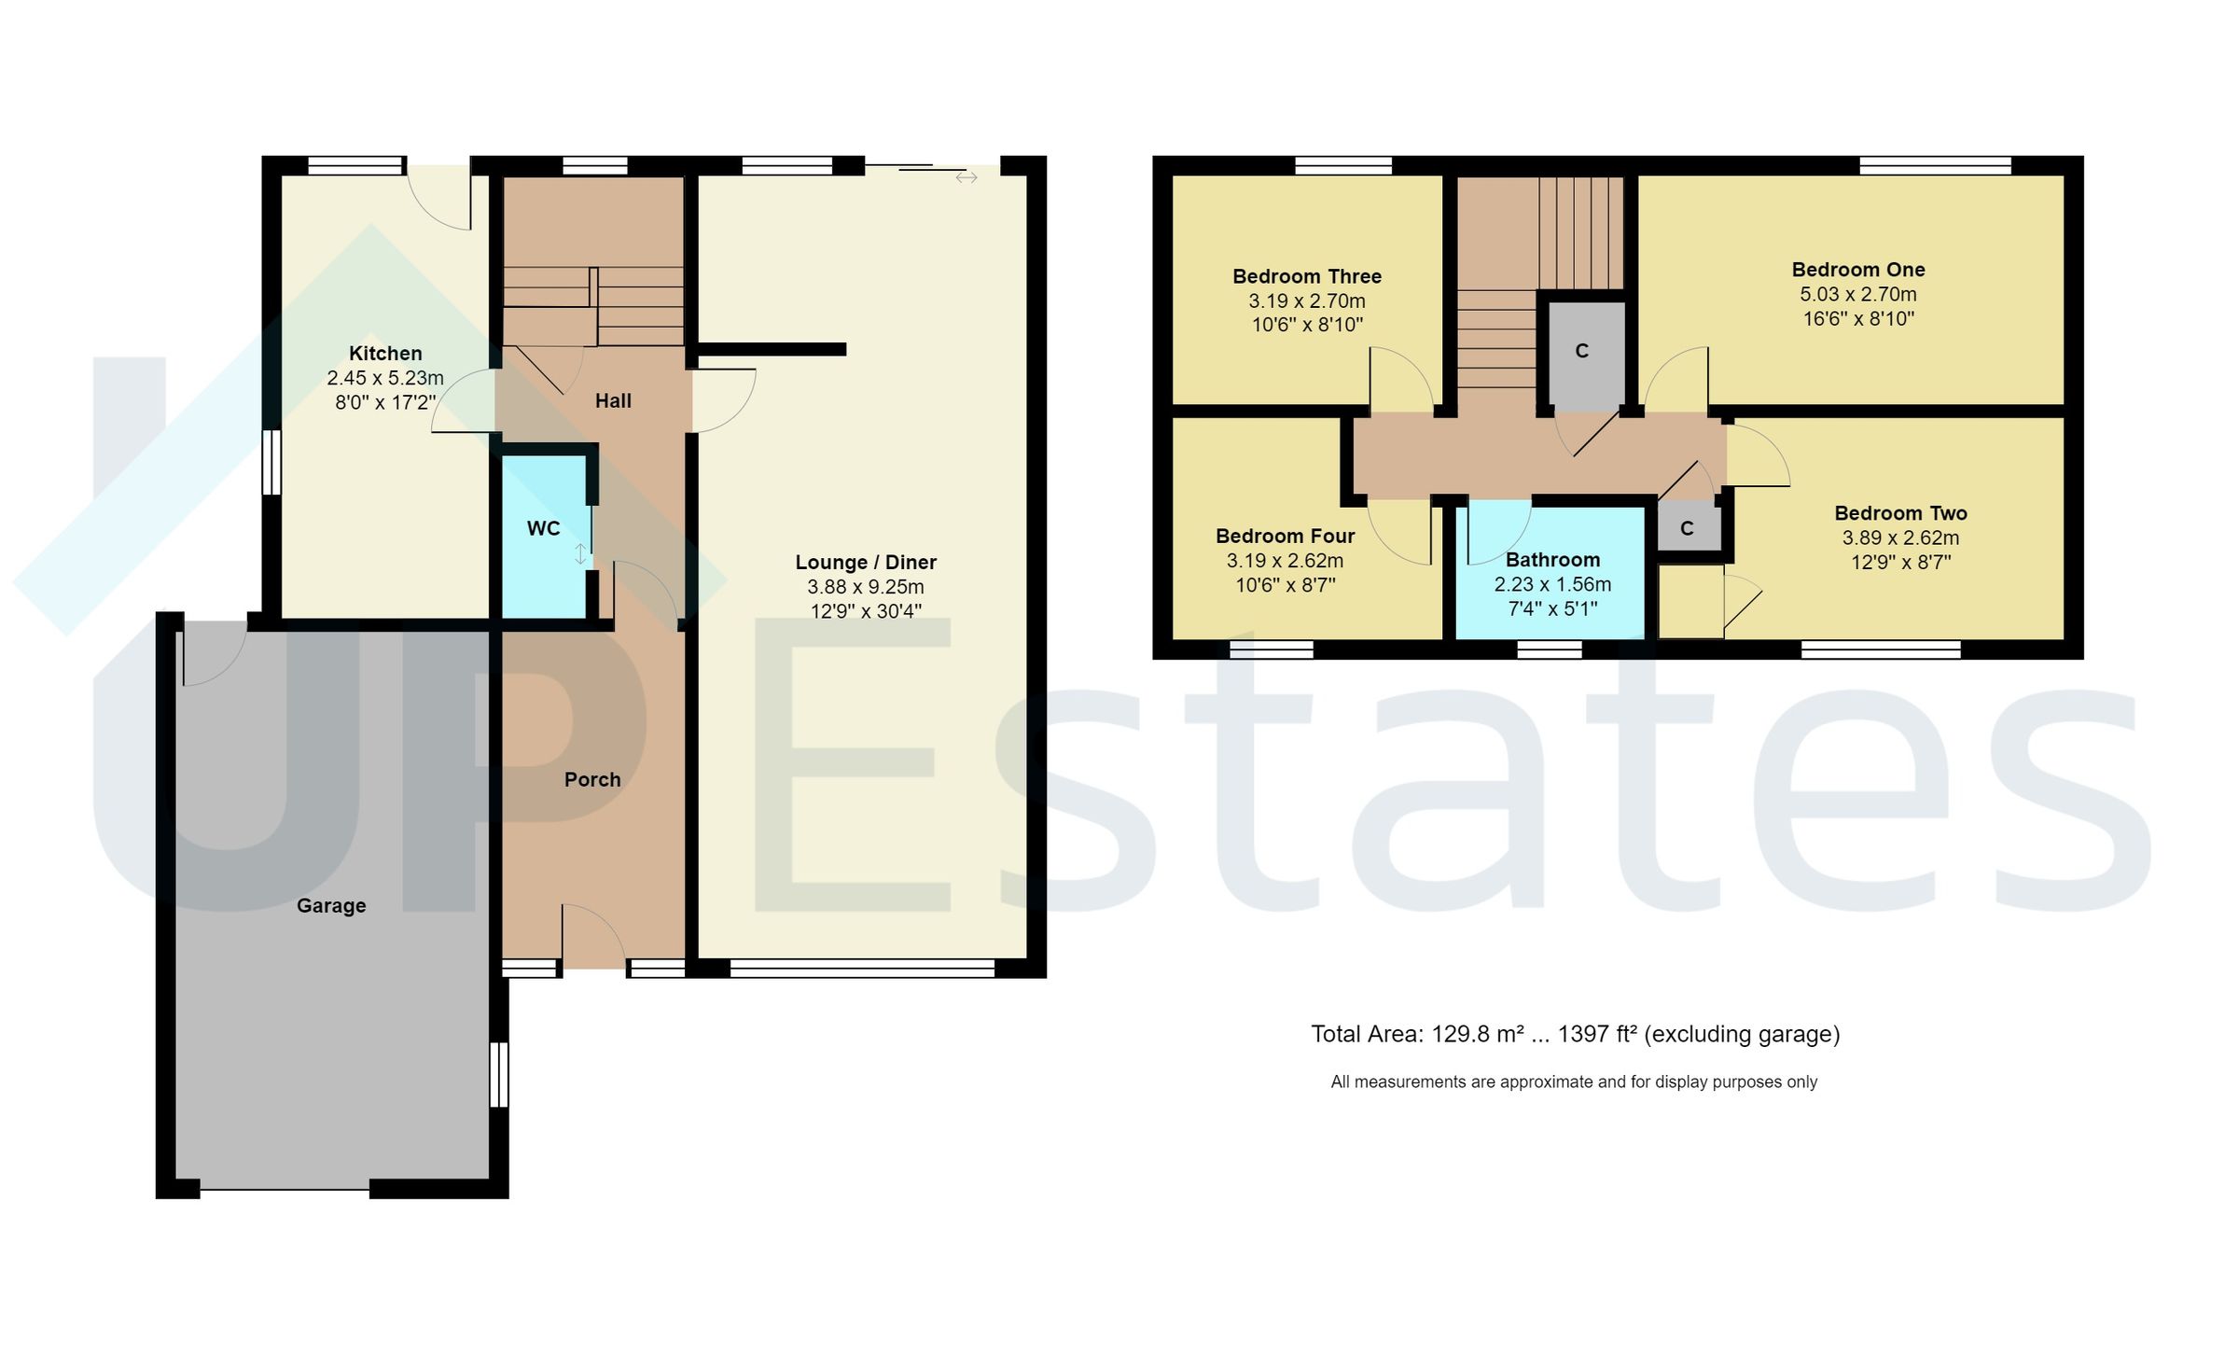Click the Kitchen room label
385,354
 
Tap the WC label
543,529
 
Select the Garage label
331,906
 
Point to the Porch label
592,780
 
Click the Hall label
613,401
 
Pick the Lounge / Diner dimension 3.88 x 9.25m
866,587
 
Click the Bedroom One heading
1858,270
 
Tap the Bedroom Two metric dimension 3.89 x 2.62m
1900,538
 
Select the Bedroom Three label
1307,276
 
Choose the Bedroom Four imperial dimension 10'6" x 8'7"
1286,585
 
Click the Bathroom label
1552,560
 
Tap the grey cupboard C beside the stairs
1582,352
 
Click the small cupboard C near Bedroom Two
1687,529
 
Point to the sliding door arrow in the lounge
967,177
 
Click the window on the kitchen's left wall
271,462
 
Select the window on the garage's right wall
500,1074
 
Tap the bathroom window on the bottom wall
1550,649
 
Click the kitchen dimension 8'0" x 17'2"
385,403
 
